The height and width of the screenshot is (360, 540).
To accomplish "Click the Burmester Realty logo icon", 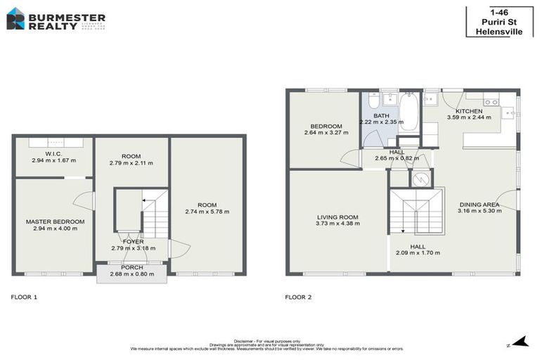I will (x=15, y=18).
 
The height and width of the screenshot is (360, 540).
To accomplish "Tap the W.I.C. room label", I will (x=53, y=153).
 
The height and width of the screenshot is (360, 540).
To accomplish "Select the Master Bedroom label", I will (x=55, y=222).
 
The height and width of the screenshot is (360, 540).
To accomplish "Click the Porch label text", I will (x=131, y=267).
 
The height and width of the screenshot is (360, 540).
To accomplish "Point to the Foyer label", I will (x=133, y=242).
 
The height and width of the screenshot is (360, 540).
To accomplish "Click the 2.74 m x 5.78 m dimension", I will (x=207, y=212).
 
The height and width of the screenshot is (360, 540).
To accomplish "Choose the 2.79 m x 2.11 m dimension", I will (x=131, y=163).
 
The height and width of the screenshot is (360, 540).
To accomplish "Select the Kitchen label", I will (x=469, y=112).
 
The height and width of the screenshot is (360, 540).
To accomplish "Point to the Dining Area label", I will (x=478, y=205).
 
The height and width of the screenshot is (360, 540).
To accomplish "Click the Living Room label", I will (x=337, y=217).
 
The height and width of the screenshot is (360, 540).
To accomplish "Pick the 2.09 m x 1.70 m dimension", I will (x=418, y=253).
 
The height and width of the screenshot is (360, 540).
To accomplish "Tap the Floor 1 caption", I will (x=24, y=297).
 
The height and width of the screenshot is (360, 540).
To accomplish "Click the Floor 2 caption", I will (x=298, y=297).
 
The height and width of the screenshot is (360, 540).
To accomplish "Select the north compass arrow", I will (x=520, y=342).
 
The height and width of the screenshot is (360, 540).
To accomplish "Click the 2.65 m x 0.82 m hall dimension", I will (x=397, y=158).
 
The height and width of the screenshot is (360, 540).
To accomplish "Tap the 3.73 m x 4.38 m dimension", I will (x=337, y=224).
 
